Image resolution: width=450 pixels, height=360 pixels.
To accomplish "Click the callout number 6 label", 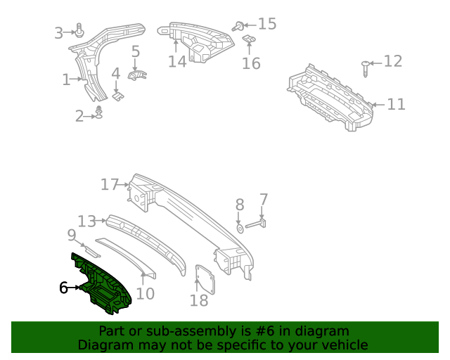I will pos(63,288).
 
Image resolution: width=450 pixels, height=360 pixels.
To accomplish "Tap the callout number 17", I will pos(110,185).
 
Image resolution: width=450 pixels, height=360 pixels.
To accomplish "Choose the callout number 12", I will pos(393,62).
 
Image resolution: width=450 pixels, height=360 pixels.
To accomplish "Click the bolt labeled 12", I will pos(365,69).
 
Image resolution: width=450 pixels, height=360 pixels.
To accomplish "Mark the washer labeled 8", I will pos(239,228).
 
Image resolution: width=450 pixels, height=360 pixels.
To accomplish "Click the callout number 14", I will pos(177,62).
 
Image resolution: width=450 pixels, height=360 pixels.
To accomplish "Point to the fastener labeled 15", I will pos(240,26).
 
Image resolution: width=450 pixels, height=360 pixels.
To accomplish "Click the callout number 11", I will pos(397,105).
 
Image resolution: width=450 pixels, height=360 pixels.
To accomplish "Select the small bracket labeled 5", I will pos(137,75).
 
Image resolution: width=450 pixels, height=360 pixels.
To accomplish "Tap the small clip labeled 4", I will pos(118,93).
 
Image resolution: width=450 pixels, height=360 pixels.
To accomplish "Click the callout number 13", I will pos(86,221).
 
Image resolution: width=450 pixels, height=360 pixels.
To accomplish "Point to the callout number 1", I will pos(66,80).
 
